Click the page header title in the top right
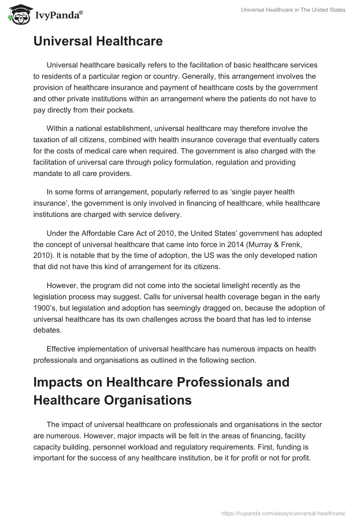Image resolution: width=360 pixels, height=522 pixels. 293,10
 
